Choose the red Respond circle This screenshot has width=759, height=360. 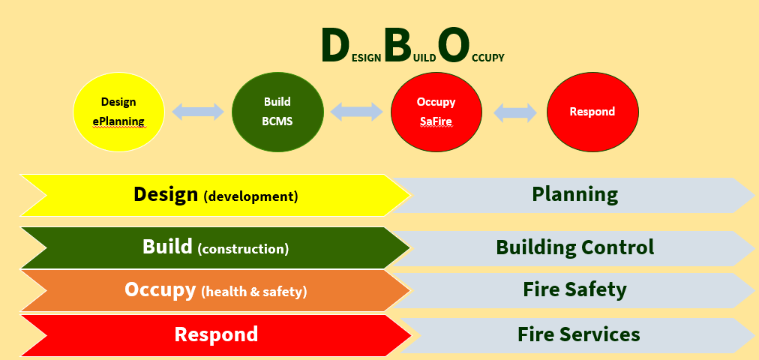pos(592,112)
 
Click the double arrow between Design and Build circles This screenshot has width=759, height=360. pos(198,112)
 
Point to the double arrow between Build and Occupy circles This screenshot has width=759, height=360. pos(357,112)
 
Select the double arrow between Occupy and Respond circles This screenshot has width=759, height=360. pos(515,112)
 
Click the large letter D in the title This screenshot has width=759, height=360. pos(334,46)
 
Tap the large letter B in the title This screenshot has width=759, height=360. pos(397,46)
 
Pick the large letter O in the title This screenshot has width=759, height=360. pos(454,46)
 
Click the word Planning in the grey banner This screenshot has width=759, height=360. pos(574,195)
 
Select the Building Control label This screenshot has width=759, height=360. pos(574,247)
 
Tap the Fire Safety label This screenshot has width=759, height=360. pos(574,289)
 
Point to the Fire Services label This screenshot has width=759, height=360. pos(578,334)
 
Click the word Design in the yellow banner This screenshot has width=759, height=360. pos(166,195)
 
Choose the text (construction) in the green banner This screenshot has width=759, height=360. pos(243,249)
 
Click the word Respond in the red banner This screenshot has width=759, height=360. pos(216,334)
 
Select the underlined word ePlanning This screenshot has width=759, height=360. pos(118,120)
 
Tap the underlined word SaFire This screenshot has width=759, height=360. pos(436,120)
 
